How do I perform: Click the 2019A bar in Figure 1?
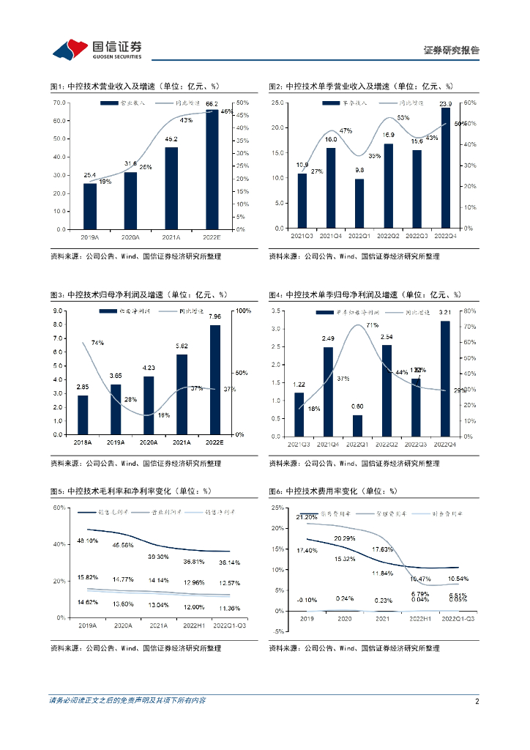[90, 206]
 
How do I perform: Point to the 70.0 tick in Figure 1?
[61, 103]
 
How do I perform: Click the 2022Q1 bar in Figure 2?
[359, 204]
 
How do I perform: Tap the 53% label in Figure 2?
[403, 118]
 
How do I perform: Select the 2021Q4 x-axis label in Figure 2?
[330, 235]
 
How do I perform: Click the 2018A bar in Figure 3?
[83, 415]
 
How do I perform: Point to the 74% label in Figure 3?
[97, 343]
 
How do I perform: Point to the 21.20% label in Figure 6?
[307, 517]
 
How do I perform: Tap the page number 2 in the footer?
[477, 701]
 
